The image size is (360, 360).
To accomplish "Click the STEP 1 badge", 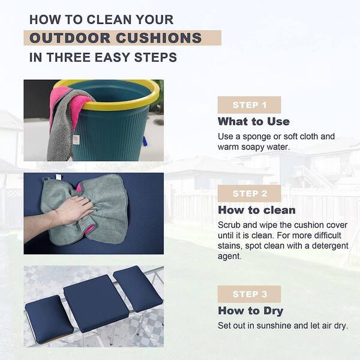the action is pos(249,105).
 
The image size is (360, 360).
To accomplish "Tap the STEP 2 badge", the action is pos(249,193).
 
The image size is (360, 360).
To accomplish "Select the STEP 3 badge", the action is pos(249,294).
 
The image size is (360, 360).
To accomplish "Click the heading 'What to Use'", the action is pos(253,121).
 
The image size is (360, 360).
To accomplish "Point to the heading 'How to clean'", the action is pos(256,210).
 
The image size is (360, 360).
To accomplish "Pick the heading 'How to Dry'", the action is pos(250,311).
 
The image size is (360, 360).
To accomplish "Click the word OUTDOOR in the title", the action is pos(70,38).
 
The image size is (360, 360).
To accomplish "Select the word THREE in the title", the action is pos(68,57).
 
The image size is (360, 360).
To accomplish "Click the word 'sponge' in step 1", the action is pos(256,137).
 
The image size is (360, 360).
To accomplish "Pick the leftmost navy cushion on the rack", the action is pos(49,319).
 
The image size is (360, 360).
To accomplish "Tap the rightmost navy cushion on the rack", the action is pos(138,289).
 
